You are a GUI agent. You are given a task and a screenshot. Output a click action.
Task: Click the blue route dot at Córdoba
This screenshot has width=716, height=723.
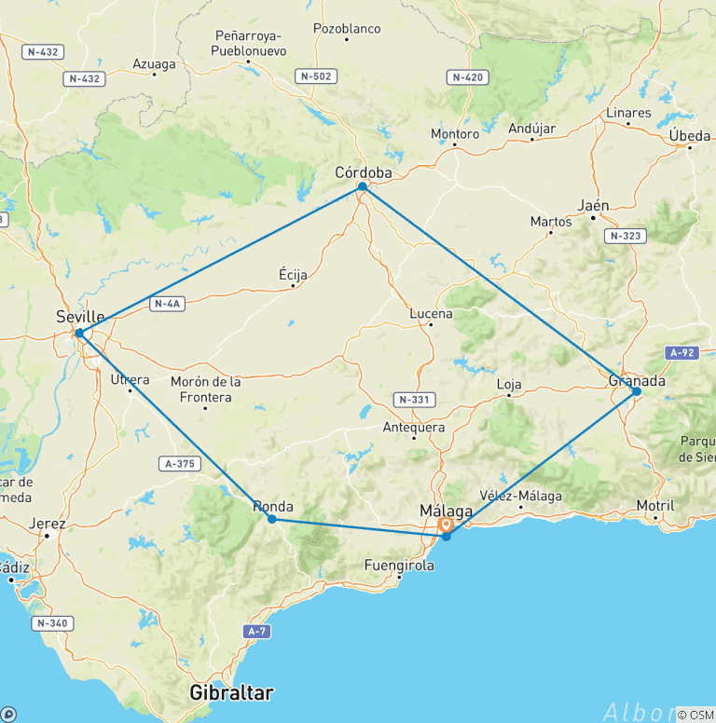[x=362, y=187]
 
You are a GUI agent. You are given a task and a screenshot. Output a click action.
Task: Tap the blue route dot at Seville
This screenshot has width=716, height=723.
[x=80, y=333]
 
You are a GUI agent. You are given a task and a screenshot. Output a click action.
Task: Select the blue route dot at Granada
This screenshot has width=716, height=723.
[x=636, y=391]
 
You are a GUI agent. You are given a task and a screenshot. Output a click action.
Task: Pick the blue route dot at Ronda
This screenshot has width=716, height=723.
[x=271, y=518]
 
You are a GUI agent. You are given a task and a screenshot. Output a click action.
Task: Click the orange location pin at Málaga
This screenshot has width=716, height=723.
[x=446, y=525]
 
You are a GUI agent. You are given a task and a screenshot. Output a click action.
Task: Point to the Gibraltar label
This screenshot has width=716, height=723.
[x=231, y=693]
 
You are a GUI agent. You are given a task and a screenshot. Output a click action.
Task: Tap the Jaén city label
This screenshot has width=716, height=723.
[x=593, y=206]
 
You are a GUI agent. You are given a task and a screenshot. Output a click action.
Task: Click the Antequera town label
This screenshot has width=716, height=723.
[x=414, y=428]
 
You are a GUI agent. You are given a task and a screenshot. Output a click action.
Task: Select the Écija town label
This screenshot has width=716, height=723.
[x=293, y=275]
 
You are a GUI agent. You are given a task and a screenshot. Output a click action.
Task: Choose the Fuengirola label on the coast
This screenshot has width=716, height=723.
[x=399, y=565]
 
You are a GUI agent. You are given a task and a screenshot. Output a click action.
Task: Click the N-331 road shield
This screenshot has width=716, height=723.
[x=415, y=400]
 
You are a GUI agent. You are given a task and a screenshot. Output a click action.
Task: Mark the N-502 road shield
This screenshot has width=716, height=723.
[x=314, y=75]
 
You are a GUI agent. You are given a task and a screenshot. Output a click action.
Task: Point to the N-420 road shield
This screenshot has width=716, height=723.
[x=465, y=76]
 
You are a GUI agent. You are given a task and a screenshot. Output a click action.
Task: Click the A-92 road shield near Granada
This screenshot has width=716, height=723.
[x=682, y=353]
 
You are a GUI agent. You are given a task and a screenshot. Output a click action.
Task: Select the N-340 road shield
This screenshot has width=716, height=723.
[x=53, y=622]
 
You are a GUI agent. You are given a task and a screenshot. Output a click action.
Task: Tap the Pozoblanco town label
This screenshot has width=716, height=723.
[x=347, y=29]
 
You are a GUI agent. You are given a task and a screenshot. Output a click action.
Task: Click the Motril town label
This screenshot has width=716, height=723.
[x=655, y=506]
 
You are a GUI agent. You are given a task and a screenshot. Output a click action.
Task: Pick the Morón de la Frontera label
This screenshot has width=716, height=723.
[x=206, y=389]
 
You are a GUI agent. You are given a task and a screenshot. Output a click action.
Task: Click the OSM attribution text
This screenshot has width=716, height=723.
[x=698, y=714]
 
